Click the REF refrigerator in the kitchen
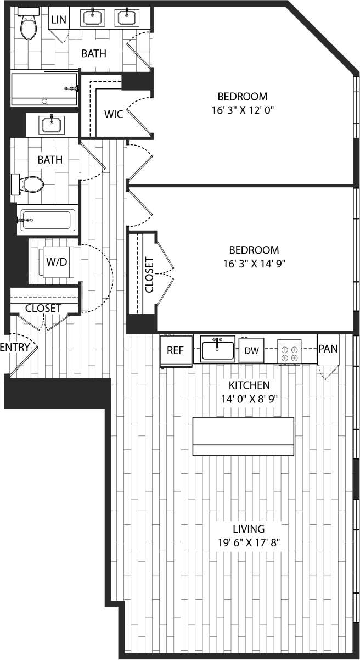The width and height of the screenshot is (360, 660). point(176,350)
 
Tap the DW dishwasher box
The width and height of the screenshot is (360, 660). point(251,350)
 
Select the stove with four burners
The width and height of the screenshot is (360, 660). point(289,350)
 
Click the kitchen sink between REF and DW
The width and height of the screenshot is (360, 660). point(217,349)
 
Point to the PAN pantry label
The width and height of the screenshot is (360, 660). point(328,349)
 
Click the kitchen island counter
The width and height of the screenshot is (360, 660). point(243,436)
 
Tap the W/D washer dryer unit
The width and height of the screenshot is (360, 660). point(56,262)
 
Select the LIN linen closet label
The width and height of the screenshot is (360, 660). point(59,20)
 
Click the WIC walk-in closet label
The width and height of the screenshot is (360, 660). point(113,114)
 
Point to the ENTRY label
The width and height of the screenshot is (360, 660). point(14,347)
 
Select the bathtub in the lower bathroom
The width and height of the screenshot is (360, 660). point(47,220)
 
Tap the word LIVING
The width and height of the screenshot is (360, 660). point(249,529)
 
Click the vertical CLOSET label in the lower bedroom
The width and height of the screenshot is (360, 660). point(149,274)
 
